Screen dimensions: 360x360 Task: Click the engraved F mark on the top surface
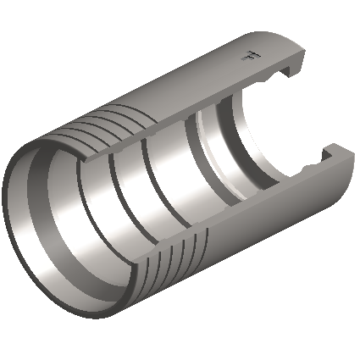248,58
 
